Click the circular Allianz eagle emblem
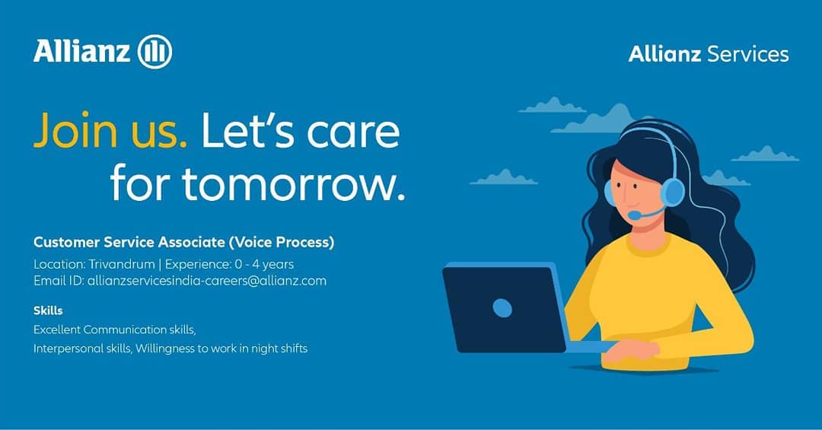point(155,52)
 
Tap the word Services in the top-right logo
point(747,54)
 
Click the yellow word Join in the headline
point(75,130)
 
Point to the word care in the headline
point(353,132)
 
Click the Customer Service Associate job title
point(183,242)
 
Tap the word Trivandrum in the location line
point(122,264)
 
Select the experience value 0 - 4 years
point(264,264)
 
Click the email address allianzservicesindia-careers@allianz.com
point(206,281)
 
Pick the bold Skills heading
point(48,311)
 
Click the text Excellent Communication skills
point(114,330)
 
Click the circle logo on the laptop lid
point(502,307)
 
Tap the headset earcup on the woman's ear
point(671,192)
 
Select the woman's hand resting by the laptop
point(631,350)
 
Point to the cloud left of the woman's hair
point(503,178)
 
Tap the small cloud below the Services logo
point(765,154)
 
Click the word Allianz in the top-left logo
point(81,52)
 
